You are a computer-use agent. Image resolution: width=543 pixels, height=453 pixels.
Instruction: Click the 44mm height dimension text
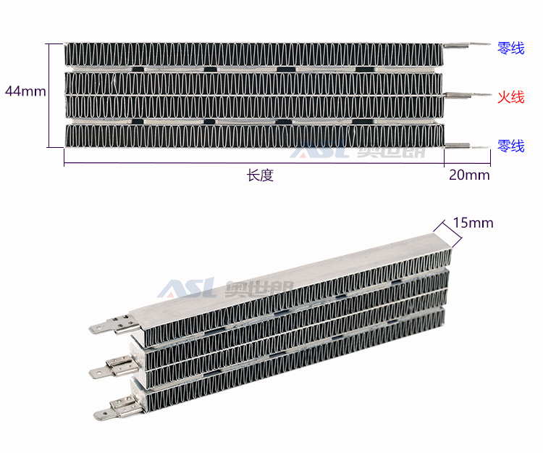25,91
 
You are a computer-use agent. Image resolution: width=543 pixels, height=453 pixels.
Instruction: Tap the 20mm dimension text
469,175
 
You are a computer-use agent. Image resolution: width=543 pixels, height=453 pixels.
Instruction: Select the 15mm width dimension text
473,223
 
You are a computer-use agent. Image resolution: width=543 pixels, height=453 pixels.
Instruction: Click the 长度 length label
260,175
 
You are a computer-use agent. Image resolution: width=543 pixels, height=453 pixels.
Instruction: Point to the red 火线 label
510,97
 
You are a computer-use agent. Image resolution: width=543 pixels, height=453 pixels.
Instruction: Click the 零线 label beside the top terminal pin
510,49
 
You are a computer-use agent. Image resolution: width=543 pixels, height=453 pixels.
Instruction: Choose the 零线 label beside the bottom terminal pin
510,146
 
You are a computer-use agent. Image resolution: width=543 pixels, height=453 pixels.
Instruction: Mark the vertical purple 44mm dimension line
50,94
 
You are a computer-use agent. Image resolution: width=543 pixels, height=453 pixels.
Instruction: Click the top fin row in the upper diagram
253,54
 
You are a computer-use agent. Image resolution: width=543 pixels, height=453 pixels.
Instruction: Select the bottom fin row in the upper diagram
253,136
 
